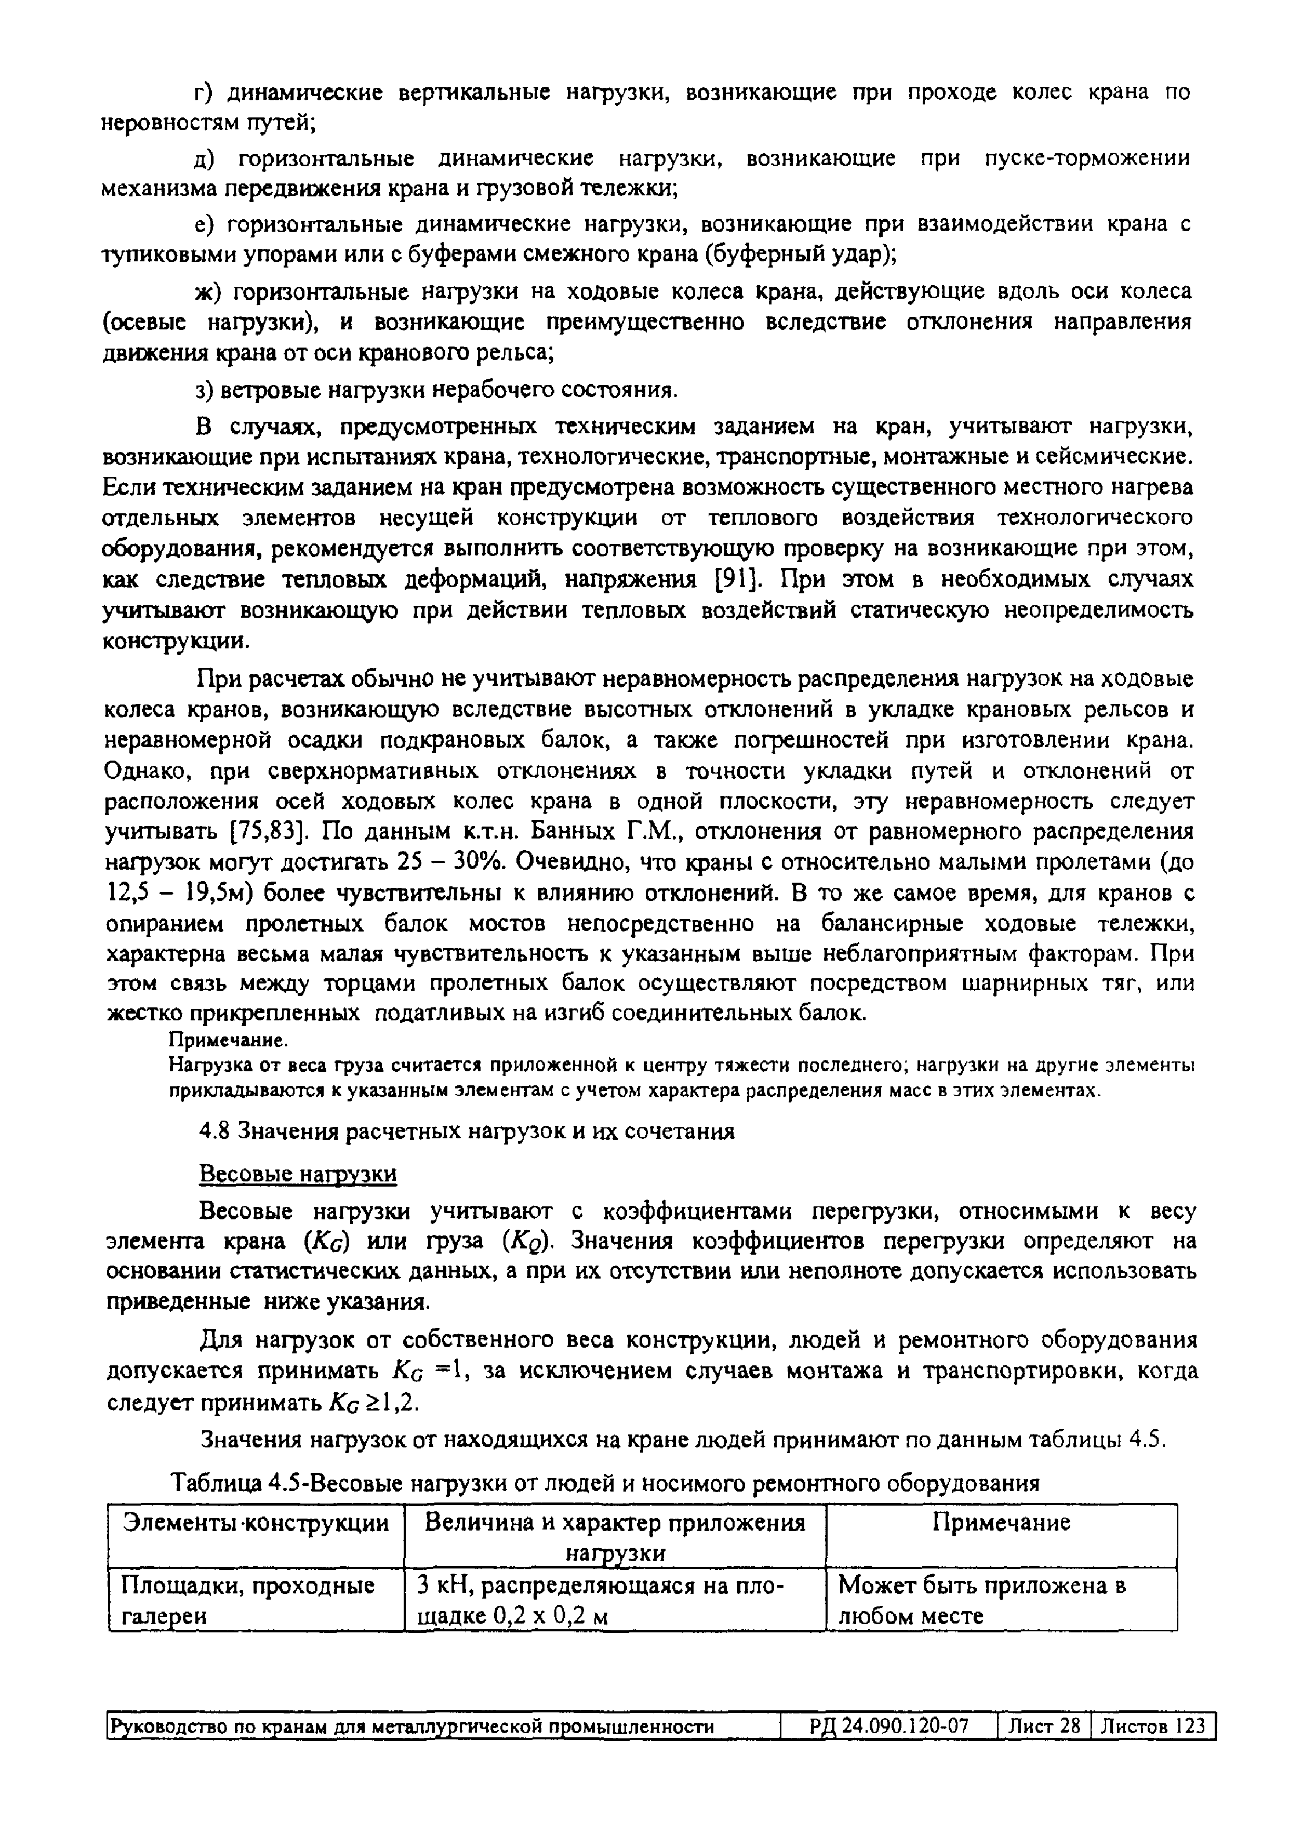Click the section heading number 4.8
point(212,1132)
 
